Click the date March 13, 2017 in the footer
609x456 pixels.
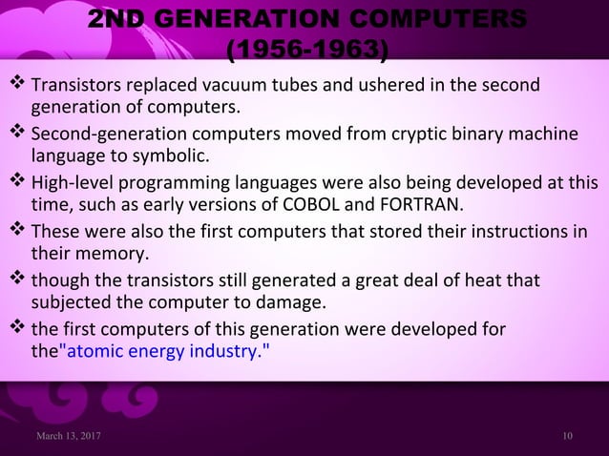[67, 435]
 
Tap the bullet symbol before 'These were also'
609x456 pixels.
[19, 233]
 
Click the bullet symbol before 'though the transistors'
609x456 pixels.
[19, 281]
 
